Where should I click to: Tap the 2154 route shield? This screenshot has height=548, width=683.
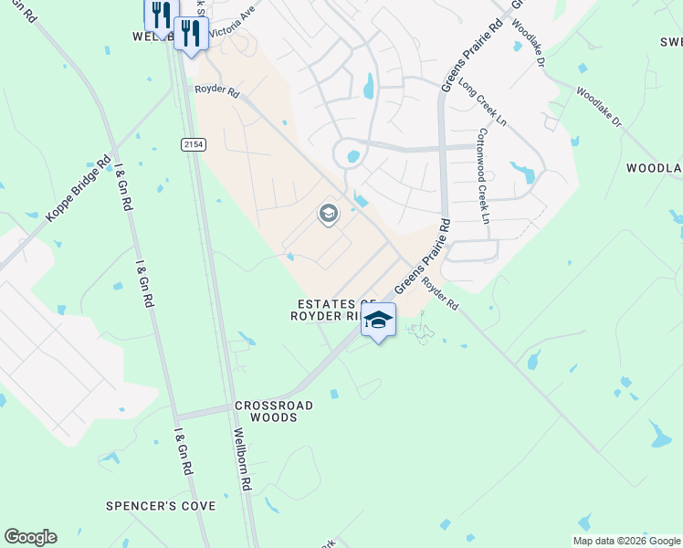coord(192,144)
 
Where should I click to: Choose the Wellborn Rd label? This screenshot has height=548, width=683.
coord(241,461)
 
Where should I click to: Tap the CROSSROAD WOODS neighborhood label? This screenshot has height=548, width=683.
coord(274,411)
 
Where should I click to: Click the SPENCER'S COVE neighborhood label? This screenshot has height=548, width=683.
coord(161,506)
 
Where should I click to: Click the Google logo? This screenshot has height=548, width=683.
coord(30,537)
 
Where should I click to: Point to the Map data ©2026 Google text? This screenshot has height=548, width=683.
coord(625,541)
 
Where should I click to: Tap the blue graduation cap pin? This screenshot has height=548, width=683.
coord(378,320)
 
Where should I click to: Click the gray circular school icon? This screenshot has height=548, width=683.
coord(328,215)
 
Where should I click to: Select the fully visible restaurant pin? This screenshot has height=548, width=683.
coord(190,35)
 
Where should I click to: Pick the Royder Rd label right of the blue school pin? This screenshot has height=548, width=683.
coord(439,294)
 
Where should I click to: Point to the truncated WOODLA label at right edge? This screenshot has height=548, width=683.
coord(654,169)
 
